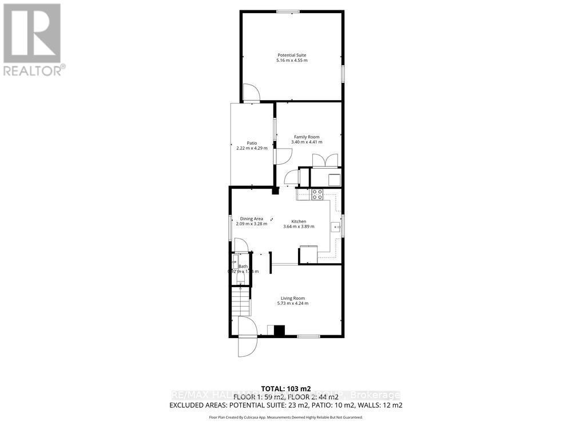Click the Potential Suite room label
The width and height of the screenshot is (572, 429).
pyautogui.click(x=292, y=55)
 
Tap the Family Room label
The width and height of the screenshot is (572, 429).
pyautogui.click(x=307, y=137)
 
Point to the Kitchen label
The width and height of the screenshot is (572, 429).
pyautogui.click(x=299, y=221)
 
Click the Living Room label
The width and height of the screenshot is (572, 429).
pyautogui.click(x=292, y=298)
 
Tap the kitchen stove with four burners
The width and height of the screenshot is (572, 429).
pyautogui.click(x=317, y=194)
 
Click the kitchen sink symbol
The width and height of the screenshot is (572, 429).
pyautogui.click(x=335, y=227)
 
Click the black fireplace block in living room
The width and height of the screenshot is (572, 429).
pyautogui.click(x=279, y=330)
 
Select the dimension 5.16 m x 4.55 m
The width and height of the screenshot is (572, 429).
pyautogui.click(x=292, y=61)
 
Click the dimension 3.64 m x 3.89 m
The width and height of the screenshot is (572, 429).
pyautogui.click(x=299, y=227)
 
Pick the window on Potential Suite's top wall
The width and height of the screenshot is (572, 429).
pyautogui.click(x=288, y=11)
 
